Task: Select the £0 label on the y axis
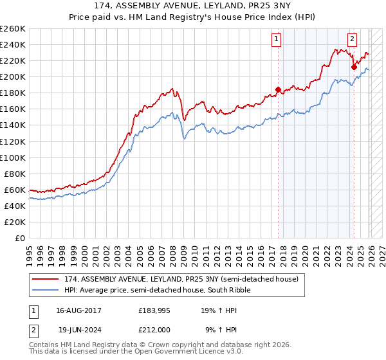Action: [x=19, y=238]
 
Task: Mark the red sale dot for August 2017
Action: [x=278, y=89]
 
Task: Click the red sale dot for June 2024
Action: [x=354, y=67]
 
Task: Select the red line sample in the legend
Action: [x=45, y=280]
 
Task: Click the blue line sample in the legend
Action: [x=45, y=291]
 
